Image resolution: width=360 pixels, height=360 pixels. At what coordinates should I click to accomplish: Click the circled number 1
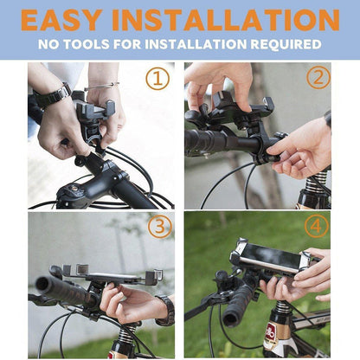pyautogui.click(x=157, y=80)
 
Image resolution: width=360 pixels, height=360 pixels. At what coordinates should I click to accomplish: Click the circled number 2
pyautogui.click(x=318, y=78)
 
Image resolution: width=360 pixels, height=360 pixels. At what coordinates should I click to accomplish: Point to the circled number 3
pyautogui.click(x=158, y=228)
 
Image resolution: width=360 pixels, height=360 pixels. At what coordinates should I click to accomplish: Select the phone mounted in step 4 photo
pyautogui.click(x=268, y=258)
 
